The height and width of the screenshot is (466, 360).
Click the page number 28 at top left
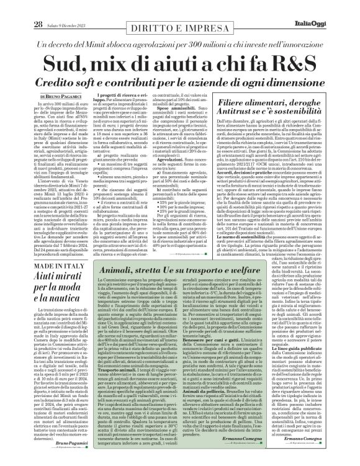(x=20, y=7)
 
